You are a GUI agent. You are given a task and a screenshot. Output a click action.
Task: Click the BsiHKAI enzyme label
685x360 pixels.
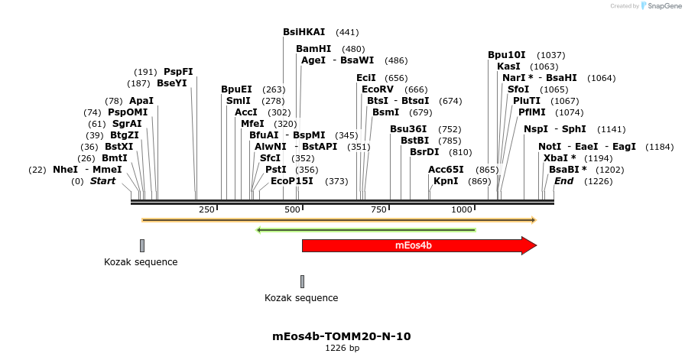pyautogui.click(x=304, y=32)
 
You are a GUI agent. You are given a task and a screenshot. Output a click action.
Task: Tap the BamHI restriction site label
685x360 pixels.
pyautogui.click(x=313, y=48)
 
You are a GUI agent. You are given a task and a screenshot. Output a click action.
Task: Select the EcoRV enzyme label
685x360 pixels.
pyautogui.click(x=377, y=89)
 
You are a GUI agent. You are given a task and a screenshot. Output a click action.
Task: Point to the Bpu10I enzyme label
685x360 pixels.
pyautogui.click(x=507, y=55)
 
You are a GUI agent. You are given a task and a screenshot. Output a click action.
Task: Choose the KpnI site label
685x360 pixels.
pyautogui.click(x=446, y=181)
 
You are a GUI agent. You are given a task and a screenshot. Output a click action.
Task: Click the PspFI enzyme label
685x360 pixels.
pyautogui.click(x=178, y=72)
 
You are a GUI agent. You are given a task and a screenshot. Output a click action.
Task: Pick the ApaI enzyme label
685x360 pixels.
pyautogui.click(x=141, y=101)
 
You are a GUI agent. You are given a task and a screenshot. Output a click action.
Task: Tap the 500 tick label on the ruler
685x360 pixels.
pyautogui.click(x=293, y=209)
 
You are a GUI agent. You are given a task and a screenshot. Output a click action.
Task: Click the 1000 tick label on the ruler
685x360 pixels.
pyautogui.click(x=462, y=209)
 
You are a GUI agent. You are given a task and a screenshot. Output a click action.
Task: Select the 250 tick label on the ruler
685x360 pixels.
pyautogui.click(x=206, y=209)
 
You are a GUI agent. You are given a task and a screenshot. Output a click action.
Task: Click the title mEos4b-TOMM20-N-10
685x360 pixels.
pyautogui.click(x=342, y=336)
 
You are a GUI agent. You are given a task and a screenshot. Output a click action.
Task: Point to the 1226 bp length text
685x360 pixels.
pyautogui.click(x=342, y=348)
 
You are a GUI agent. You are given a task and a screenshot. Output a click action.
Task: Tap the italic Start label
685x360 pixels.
pyautogui.click(x=102, y=181)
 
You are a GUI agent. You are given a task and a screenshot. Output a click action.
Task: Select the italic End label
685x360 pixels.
pyautogui.click(x=563, y=181)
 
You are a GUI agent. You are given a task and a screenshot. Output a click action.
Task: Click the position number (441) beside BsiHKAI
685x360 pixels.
pyautogui.click(x=347, y=33)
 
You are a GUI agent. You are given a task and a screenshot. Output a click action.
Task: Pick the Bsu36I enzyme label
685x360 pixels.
pyautogui.click(x=408, y=129)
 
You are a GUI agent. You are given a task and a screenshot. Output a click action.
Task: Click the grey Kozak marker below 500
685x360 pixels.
pyautogui.click(x=302, y=281)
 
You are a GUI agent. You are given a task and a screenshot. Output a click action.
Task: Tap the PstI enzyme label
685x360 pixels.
pyautogui.click(x=275, y=170)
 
